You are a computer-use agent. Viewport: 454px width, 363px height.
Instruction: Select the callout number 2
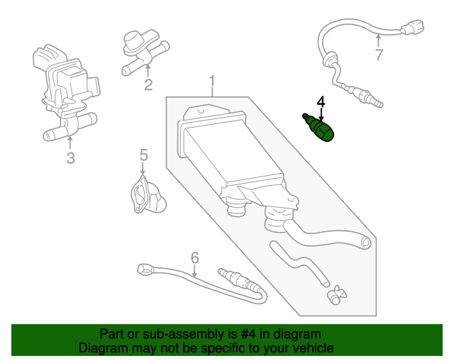click(x=148, y=86)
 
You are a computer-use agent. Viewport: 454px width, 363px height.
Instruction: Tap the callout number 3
click(x=70, y=158)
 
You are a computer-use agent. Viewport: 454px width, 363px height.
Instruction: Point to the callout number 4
click(x=321, y=103)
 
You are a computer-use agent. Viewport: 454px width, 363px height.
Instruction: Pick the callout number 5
click(x=143, y=154)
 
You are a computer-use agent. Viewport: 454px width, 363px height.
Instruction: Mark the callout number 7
click(x=379, y=55)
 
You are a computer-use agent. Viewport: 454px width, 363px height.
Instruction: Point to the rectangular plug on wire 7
click(x=406, y=30)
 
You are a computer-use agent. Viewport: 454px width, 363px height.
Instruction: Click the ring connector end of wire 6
click(x=144, y=269)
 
